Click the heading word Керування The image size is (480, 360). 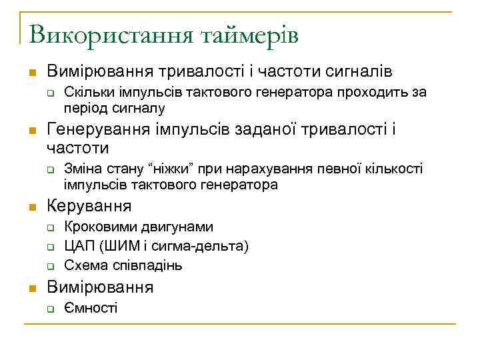(x=89, y=205)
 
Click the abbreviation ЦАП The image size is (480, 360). (x=77, y=246)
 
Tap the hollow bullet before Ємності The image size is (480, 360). (x=49, y=308)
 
